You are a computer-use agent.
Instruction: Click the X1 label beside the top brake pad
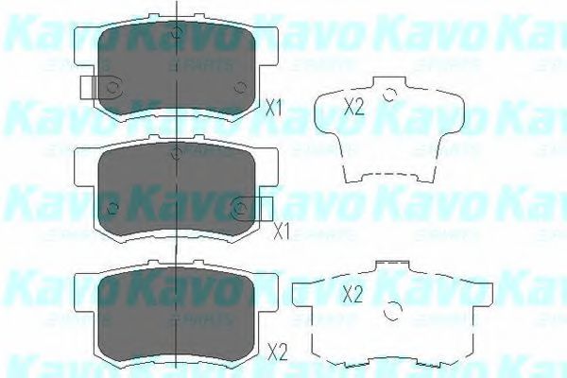275,108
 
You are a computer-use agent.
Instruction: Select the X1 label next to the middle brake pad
281,230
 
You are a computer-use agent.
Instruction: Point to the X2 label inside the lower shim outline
353,294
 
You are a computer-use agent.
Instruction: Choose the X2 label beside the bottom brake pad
277,352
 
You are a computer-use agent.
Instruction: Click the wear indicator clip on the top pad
91,88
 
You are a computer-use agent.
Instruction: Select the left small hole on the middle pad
112,208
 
